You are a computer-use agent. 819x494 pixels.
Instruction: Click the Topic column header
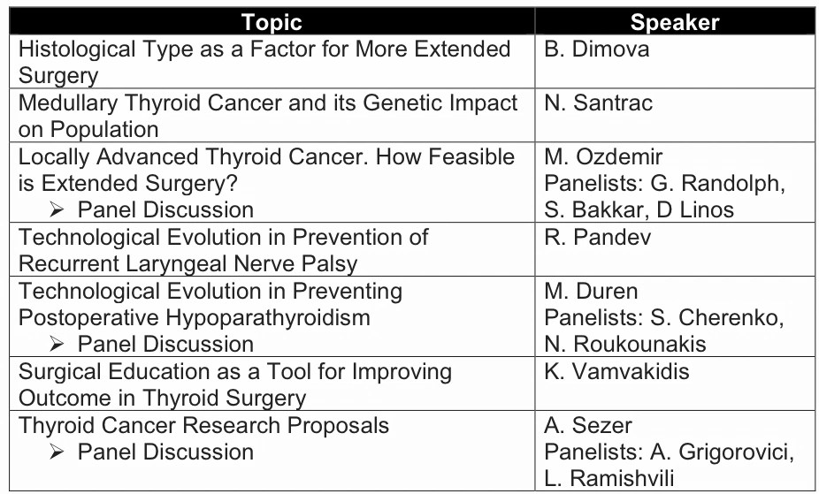pos(272,22)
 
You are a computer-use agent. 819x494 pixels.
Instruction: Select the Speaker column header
pos(675,22)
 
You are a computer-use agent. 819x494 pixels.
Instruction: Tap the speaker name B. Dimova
pos(596,49)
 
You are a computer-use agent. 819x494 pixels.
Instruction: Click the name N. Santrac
pos(598,103)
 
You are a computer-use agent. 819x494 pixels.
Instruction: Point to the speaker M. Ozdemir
pos(603,156)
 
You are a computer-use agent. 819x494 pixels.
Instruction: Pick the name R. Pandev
pos(598,237)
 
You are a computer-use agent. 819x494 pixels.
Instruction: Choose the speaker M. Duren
pos(591,291)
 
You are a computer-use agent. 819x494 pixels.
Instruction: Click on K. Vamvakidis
pos(616,371)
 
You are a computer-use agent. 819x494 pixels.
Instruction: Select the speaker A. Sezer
pos(588,425)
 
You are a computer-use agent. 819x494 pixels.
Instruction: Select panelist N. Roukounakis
pos(625,345)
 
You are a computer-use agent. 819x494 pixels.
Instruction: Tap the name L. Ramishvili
pos(609,478)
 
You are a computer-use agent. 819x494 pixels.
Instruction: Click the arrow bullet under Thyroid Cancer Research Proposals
pos(57,452)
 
